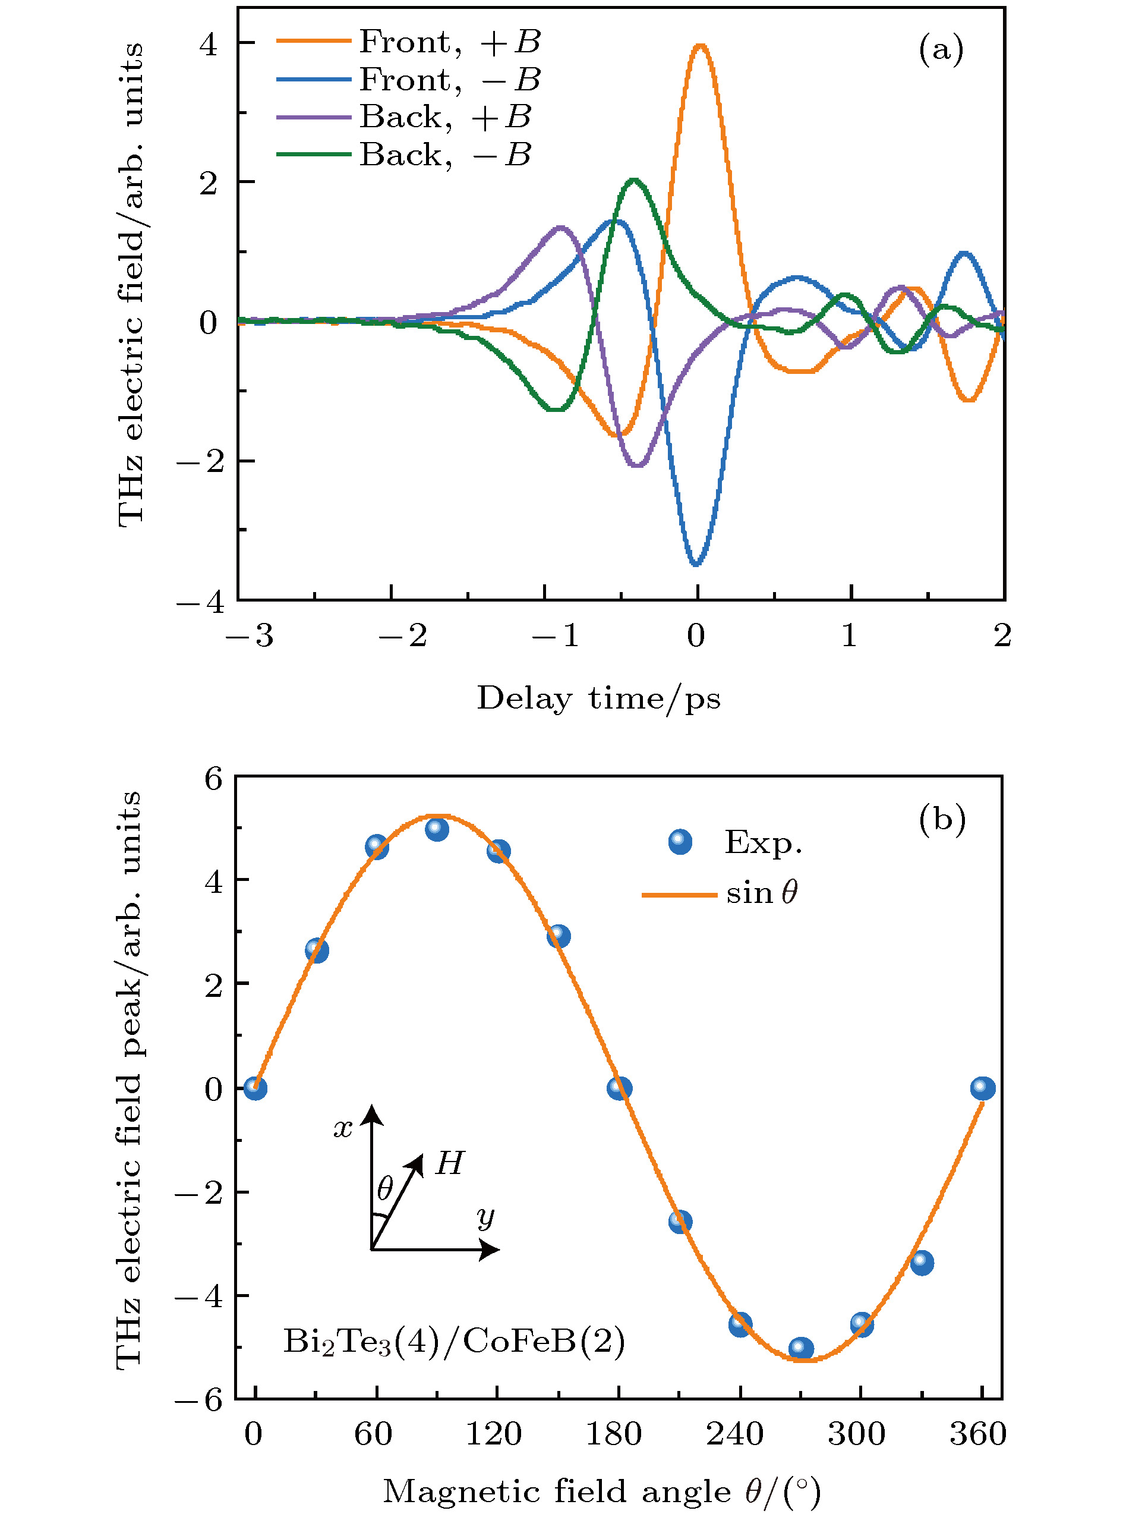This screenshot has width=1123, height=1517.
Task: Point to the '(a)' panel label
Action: click(941, 51)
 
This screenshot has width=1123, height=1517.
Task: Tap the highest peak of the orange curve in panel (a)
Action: click(700, 46)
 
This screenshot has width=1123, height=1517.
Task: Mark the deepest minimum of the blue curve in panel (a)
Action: click(696, 564)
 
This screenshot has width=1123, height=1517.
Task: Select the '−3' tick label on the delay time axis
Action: click(250, 637)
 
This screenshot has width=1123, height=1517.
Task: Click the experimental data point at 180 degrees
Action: click(619, 1088)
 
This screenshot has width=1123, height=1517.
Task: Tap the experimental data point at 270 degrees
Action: click(801, 1348)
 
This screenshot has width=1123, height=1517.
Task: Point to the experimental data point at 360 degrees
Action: click(982, 1088)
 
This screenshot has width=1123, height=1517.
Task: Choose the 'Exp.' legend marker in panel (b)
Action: click(680, 842)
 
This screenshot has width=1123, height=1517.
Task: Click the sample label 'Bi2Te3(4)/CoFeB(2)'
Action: click(453, 1342)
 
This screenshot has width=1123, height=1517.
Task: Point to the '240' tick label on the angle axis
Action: click(735, 1434)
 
